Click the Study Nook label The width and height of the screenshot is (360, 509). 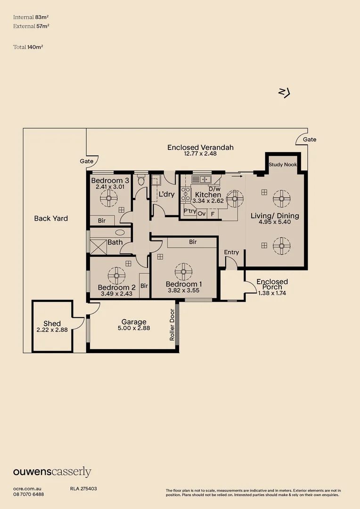[x=282, y=164]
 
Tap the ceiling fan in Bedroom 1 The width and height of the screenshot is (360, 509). [x=183, y=272]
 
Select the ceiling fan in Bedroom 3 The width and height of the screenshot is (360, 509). [x=109, y=198]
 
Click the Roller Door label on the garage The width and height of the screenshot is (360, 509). [x=172, y=325]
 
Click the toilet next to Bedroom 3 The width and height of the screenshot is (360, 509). [x=141, y=180]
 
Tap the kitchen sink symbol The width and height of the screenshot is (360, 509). [x=201, y=179]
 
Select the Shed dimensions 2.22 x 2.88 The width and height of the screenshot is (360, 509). [x=52, y=330]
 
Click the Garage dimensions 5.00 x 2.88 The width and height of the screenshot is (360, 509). [x=134, y=328]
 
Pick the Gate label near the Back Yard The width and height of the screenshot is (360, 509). [x=87, y=161]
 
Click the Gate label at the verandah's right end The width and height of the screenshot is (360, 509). [x=310, y=139]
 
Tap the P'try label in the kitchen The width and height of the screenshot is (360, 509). [x=190, y=211]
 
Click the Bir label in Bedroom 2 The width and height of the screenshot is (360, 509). [x=144, y=286]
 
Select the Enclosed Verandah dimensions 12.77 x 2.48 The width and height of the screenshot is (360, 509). [x=200, y=154]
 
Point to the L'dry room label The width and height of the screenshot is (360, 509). [x=166, y=194]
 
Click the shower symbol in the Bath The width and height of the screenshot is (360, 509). [x=98, y=247]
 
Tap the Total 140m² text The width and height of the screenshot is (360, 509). [x=28, y=47]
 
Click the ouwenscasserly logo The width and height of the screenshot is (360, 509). [x=52, y=472]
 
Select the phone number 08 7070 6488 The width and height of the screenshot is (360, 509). [x=29, y=494]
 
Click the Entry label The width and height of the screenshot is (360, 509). [x=231, y=252]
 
